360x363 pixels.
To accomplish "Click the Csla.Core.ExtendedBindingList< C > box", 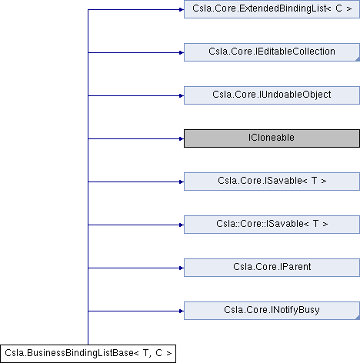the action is point(272,9).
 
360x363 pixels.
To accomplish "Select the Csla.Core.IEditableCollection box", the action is point(272,52).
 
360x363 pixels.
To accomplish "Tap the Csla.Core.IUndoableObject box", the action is point(272,95).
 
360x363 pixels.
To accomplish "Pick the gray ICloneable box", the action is point(272,138).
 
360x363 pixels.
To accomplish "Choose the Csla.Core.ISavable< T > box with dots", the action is point(272,181).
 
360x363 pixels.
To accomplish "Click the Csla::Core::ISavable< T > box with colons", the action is point(272,225).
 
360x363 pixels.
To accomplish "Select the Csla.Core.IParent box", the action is point(272,268).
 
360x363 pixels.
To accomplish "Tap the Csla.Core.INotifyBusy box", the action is point(272,311).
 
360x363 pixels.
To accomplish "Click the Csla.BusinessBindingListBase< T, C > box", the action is point(88,354).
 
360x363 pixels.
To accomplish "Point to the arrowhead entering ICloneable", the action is point(182,138).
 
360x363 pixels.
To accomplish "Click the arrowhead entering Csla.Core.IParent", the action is point(182,268).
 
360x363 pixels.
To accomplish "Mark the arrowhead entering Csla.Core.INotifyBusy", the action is point(182,311).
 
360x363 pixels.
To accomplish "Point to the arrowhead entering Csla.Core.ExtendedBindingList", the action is point(182,9).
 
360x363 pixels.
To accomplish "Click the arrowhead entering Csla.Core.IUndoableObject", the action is point(182,95).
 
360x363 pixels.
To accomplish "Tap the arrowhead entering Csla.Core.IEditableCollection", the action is point(182,52).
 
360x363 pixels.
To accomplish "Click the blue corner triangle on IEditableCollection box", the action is point(358,59).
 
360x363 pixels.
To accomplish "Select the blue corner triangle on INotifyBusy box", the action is point(358,318).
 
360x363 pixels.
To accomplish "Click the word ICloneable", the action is point(272,138).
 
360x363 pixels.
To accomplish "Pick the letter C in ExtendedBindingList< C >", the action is point(338,8).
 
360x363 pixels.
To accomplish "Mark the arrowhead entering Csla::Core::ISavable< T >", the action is point(182,225).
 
